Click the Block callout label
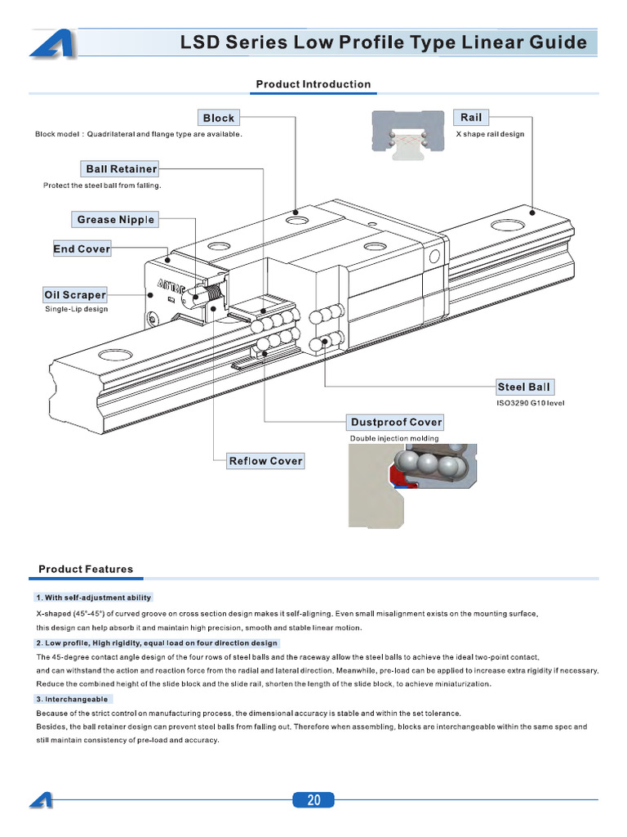coord(219,118)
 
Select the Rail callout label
coord(471,118)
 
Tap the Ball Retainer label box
coord(121,169)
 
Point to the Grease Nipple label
coord(115,219)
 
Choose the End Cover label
coord(82,248)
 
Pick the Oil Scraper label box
coord(74,294)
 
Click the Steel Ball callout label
coord(524,387)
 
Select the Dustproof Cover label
coord(396,422)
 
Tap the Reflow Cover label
coord(265,461)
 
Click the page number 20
coord(313,800)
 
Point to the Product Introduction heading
coord(313,84)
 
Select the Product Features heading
coord(86,569)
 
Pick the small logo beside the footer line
coord(41,800)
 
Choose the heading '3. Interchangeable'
coord(72,700)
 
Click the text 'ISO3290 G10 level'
coord(530,403)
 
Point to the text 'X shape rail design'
coord(490,134)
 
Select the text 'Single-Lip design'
coord(76,309)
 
